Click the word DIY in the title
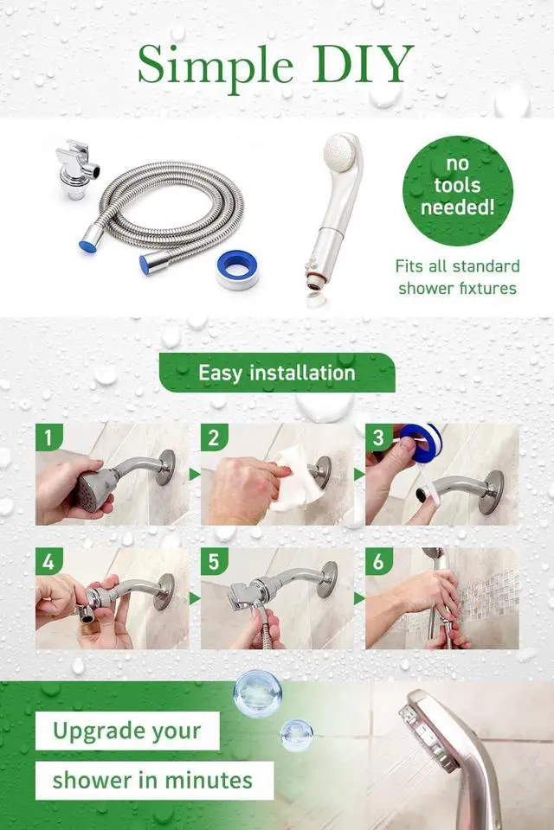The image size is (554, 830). pyautogui.click(x=363, y=64)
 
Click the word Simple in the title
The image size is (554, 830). pyautogui.click(x=216, y=67)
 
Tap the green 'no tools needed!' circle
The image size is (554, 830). pyautogui.click(x=458, y=190)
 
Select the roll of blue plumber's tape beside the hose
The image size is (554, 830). pyautogui.click(x=237, y=269)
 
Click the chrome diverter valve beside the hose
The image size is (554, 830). pyautogui.click(x=77, y=169)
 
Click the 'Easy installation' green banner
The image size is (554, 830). pyautogui.click(x=277, y=373)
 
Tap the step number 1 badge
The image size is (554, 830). pyautogui.click(x=48, y=437)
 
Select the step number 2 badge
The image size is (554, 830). pyautogui.click(x=214, y=437)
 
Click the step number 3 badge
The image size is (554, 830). pyautogui.click(x=378, y=437)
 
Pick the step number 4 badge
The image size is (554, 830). pyautogui.click(x=48, y=561)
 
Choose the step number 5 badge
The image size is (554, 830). pyautogui.click(x=214, y=561)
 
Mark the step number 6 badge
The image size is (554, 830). pyautogui.click(x=378, y=561)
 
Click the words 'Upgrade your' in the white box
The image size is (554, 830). pyautogui.click(x=127, y=731)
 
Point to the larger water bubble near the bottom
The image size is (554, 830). pyautogui.click(x=257, y=693)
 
